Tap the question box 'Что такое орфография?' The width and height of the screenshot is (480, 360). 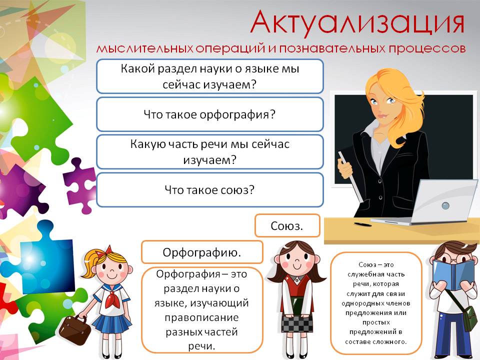pos(209,114)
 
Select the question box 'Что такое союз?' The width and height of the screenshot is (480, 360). pos(209,189)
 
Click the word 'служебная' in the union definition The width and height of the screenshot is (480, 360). pos(375,274)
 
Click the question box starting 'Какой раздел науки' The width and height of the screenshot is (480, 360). pos(209,76)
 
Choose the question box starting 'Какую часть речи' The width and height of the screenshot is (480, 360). pos(209,152)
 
